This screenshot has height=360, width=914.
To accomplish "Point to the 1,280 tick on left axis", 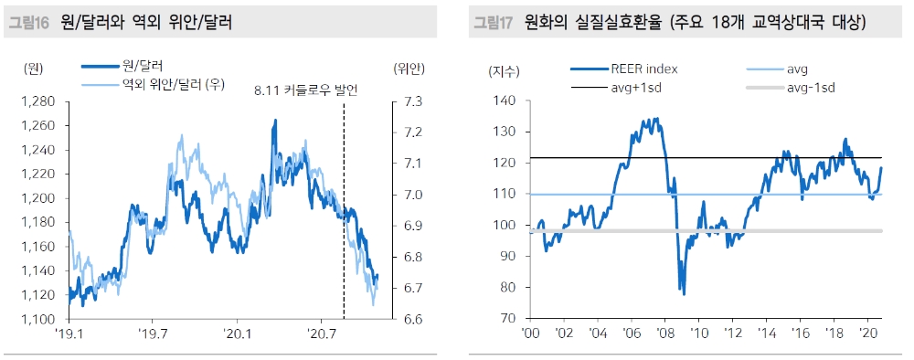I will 38,101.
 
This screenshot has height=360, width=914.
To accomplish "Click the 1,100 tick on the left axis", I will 38,320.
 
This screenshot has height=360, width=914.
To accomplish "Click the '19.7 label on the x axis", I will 153,335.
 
